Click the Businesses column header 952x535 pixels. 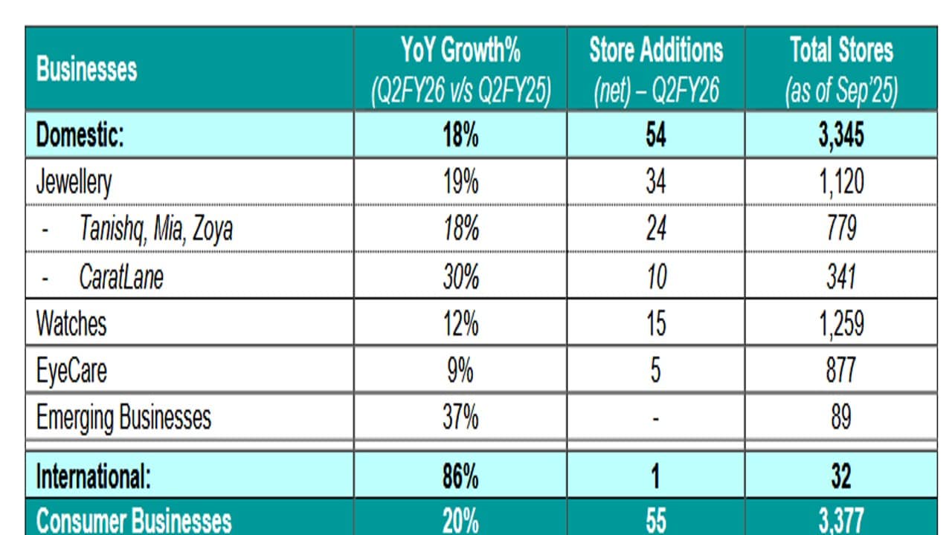(x=86, y=70)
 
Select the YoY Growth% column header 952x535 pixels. (x=460, y=70)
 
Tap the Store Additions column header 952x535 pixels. (x=655, y=70)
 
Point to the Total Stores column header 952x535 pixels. (x=841, y=70)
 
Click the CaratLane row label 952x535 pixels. (x=121, y=276)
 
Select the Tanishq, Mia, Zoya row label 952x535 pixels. (x=155, y=229)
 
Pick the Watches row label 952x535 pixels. (x=71, y=323)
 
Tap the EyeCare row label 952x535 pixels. (x=71, y=370)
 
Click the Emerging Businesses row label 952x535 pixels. (x=123, y=417)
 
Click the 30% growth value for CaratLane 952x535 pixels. (x=460, y=276)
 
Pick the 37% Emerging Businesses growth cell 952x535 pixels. (x=460, y=417)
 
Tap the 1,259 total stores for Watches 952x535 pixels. (x=841, y=323)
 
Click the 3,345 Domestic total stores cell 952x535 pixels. (x=841, y=135)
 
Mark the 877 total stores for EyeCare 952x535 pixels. (x=841, y=370)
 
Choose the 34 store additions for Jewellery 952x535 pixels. (x=655, y=182)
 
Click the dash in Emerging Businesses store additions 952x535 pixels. (x=655, y=418)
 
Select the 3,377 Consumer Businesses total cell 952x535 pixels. (x=841, y=521)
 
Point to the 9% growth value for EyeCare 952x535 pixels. (x=460, y=370)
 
